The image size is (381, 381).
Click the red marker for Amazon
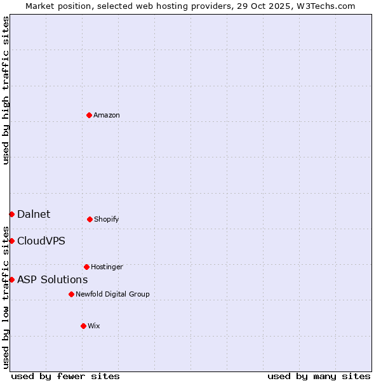(x=89, y=115)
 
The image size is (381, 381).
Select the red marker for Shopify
(x=90, y=219)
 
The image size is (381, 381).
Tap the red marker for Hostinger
(x=86, y=267)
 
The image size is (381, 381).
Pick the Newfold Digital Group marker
(x=71, y=294)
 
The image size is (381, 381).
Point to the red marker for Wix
(x=83, y=326)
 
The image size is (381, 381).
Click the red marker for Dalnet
(x=11, y=214)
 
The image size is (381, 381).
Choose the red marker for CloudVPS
(x=11, y=241)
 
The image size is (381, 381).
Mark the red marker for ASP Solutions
(x=11, y=279)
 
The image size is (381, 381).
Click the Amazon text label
(x=107, y=115)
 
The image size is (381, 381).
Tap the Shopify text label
(x=107, y=219)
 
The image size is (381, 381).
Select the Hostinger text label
(x=107, y=267)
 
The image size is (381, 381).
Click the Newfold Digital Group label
(x=112, y=294)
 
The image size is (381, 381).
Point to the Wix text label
(x=94, y=326)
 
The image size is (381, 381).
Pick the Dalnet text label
(x=34, y=214)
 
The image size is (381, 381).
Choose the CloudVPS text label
(x=41, y=241)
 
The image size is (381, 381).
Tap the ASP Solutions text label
(x=52, y=279)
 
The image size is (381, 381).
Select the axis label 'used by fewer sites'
(x=65, y=376)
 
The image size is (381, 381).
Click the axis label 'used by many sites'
(x=319, y=376)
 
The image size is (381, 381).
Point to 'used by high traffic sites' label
(x=6, y=90)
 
